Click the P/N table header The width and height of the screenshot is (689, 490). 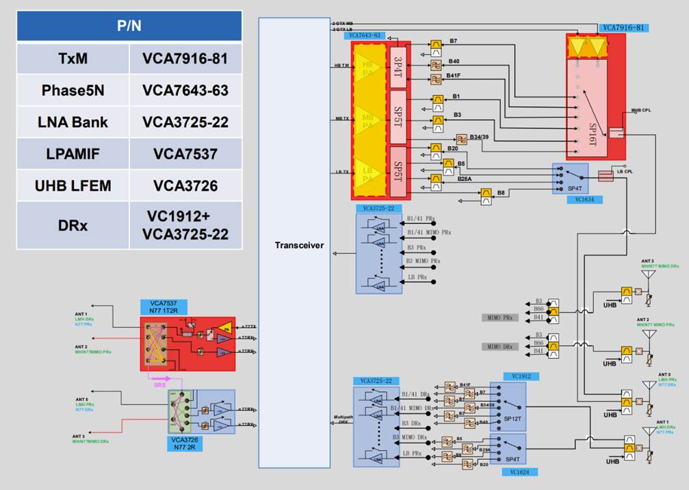point(129,25)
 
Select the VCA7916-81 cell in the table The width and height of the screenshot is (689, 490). point(185,59)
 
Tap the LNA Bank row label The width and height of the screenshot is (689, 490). point(73,122)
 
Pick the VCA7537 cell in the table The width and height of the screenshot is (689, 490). point(185,153)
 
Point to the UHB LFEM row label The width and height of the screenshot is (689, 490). point(73,185)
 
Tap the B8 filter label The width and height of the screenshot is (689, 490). point(502,194)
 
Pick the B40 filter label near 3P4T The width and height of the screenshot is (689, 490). point(454,62)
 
